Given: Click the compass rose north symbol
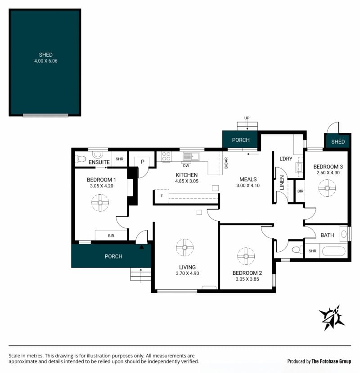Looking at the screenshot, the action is pos(332,318).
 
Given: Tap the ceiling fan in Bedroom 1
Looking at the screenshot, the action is pos(100,203).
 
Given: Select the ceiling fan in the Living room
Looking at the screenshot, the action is pos(185,247).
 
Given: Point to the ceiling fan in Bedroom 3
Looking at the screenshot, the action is pos(327,188).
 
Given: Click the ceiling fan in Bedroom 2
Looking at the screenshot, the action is pos(246,256).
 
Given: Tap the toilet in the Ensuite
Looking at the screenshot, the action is pos(81,159).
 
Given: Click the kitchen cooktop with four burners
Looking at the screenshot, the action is pos(166,156).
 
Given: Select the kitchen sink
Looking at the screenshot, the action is pos(191,156).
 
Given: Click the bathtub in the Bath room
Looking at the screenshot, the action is pos(333,251).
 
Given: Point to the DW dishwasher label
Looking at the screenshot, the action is pos(186,166).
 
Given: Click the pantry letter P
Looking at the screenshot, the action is pos(143,162).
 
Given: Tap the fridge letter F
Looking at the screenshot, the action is pos(162,196).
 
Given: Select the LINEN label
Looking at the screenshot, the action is pos(282,182).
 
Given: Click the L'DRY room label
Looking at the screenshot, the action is pos(286,159).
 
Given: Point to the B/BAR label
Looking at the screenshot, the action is pos(226,163).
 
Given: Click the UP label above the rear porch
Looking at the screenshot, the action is pos(247,118).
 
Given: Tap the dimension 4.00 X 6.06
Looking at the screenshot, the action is pos(45,61).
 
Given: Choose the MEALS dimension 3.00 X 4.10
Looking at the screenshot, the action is pos(248,186).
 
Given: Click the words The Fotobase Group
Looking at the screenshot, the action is pos(331,361).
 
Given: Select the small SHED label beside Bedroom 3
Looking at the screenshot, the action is pos(338,142).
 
